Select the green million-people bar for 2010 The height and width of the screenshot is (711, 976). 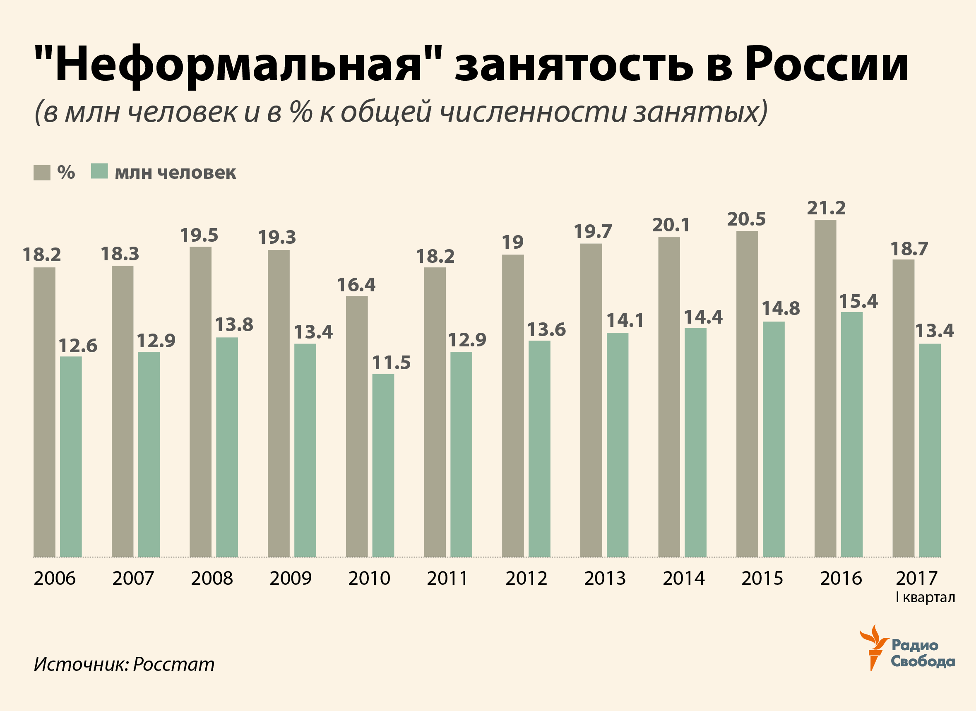[x=383, y=465]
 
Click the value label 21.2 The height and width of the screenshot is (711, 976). [x=826, y=208]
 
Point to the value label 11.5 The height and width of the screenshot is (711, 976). [x=391, y=363]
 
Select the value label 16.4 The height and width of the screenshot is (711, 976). [x=356, y=284]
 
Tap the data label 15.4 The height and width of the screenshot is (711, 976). [x=858, y=301]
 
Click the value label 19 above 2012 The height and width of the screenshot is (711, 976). [x=512, y=242]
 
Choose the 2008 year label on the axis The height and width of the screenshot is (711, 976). [x=212, y=579]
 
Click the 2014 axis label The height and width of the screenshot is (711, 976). [x=683, y=579]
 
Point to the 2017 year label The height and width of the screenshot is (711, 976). [x=917, y=579]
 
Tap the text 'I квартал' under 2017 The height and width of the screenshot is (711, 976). [x=925, y=597]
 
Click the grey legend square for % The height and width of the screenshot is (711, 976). [x=42, y=173]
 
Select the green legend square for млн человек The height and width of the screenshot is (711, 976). [x=99, y=171]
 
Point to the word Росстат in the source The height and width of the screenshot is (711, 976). [x=173, y=664]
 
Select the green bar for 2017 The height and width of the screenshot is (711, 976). [x=930, y=450]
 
